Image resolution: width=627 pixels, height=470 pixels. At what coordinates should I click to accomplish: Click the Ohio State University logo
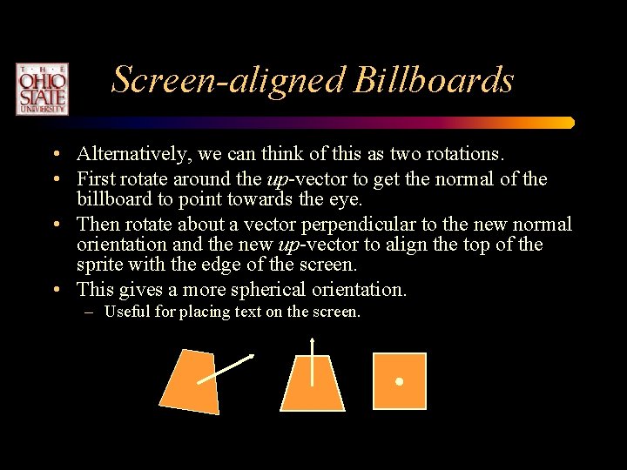click(41, 88)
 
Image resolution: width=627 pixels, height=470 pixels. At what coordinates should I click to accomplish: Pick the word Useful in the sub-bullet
click(127, 312)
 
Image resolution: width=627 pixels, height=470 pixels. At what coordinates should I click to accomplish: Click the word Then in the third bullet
click(97, 224)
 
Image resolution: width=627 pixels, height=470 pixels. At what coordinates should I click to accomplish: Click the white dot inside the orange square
click(399, 381)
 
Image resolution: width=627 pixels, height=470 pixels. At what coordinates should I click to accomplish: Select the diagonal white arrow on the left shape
click(226, 369)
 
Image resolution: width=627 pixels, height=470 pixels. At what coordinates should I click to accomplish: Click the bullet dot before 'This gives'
click(55, 290)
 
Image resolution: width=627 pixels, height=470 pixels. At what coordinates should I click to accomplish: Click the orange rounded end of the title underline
click(569, 123)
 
